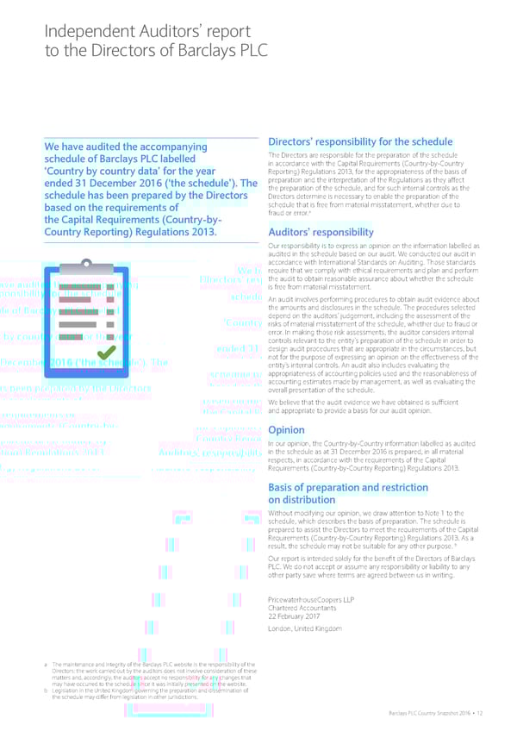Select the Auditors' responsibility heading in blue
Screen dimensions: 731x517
(x=321, y=232)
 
